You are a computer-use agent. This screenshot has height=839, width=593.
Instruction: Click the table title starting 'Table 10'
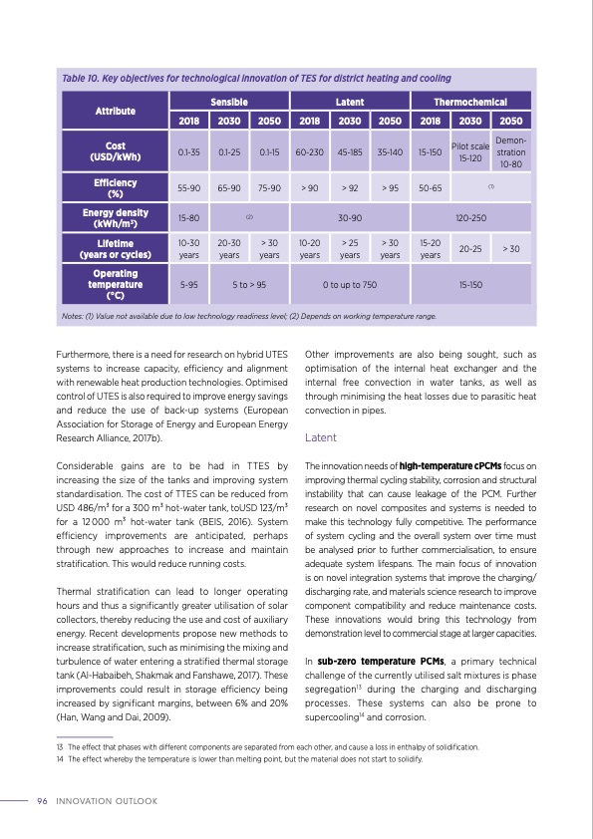256,78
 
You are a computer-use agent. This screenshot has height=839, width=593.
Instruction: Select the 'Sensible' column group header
228,102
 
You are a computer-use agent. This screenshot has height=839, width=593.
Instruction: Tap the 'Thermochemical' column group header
470,102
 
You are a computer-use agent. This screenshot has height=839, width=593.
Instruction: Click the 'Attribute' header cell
115,111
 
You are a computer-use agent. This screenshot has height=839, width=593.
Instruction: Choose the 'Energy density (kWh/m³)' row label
115,217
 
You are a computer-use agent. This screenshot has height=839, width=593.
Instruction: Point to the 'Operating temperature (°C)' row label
115,284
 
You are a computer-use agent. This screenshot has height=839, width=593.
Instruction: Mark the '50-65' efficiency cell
430,186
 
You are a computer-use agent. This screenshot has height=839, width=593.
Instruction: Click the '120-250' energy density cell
470,217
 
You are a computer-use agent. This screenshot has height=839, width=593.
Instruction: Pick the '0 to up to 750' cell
350,284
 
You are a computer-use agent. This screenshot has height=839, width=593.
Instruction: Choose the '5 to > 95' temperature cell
249,284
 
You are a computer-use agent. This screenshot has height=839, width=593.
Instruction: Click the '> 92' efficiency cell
350,186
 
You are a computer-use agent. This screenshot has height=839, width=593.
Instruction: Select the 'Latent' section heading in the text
320,437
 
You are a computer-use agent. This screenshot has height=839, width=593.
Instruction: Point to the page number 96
43,801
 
